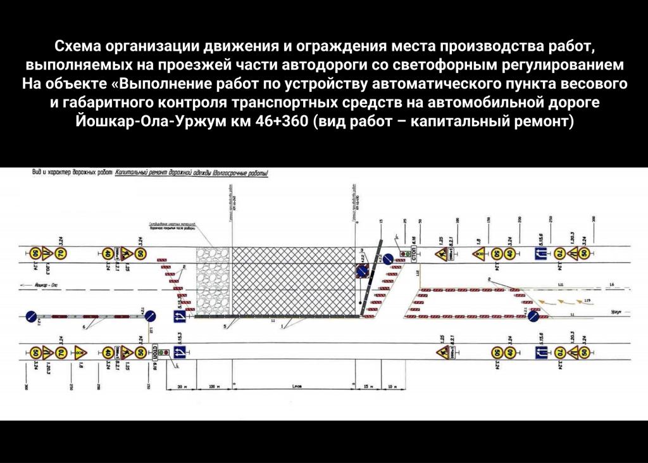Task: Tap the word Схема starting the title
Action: pyautogui.click(x=79, y=46)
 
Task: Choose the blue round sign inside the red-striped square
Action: pyautogui.click(x=361, y=272)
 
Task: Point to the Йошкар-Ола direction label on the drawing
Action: pyautogui.click(x=38, y=287)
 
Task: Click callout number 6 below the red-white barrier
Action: pyautogui.click(x=83, y=327)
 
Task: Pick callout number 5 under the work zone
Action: pyautogui.click(x=225, y=327)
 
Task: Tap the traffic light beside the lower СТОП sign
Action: pyautogui.click(x=163, y=352)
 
